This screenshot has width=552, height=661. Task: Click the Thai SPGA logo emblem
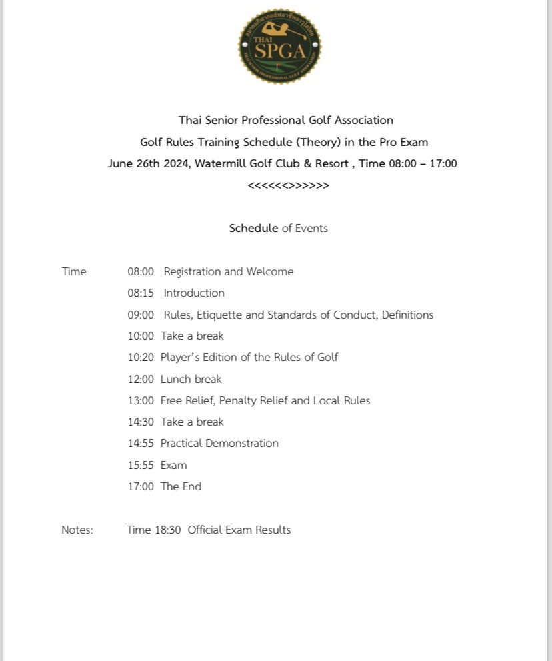point(280,46)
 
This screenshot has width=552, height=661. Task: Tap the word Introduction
point(194,293)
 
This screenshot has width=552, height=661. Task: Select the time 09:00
point(141,315)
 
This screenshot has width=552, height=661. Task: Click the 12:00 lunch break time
point(141,379)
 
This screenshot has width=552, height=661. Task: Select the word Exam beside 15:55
point(173,465)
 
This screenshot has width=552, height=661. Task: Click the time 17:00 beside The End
point(141,486)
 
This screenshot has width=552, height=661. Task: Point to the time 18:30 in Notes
point(167,530)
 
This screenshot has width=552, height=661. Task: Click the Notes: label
point(77,530)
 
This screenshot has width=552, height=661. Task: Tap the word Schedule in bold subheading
point(253,228)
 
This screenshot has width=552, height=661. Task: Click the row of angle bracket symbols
point(288,185)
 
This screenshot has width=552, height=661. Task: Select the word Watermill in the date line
point(221,163)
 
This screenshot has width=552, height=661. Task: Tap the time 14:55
point(141,443)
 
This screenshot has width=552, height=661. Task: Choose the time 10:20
point(141,357)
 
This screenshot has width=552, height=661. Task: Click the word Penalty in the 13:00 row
point(253,400)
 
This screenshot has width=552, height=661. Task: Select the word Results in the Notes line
point(273,530)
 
